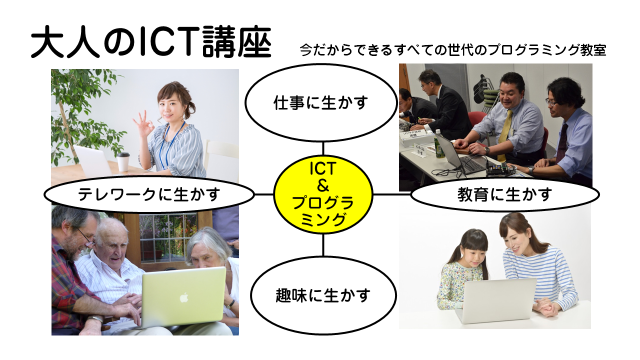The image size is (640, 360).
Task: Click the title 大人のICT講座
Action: point(151,41)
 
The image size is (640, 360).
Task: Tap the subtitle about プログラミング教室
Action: point(453,50)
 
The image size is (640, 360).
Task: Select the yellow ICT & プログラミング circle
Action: point(323,194)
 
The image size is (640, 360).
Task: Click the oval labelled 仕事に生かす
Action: point(321,102)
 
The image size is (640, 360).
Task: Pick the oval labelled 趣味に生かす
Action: point(323,295)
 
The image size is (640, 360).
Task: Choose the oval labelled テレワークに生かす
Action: point(149,194)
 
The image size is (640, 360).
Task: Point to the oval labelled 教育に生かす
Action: point(505,194)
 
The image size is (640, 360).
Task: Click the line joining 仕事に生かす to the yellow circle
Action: point(323,148)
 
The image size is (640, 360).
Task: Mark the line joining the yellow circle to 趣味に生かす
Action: point(323,245)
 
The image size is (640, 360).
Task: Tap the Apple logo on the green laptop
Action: point(183,297)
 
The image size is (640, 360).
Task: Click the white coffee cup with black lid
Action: point(123,161)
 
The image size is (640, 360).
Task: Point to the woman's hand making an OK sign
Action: point(143,124)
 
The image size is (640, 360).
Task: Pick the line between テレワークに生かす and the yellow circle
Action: point(263,194)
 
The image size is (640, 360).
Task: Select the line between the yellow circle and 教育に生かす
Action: point(392,194)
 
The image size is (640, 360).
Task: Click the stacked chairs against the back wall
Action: point(485,92)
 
